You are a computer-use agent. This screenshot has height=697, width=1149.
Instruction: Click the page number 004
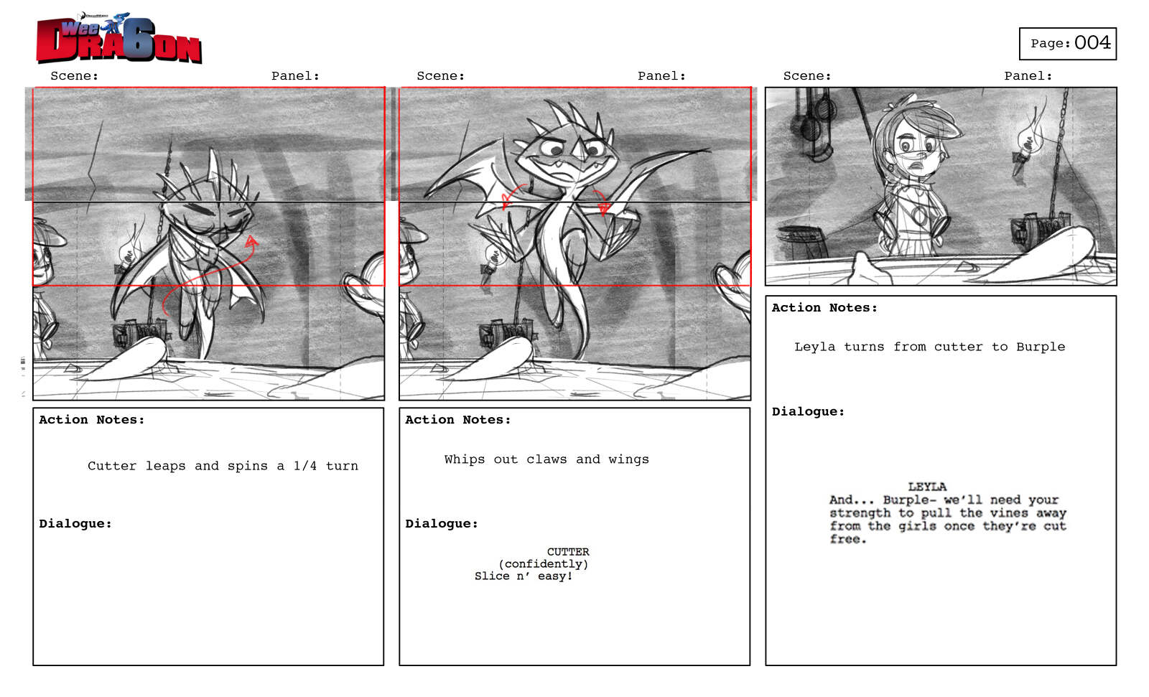1092,42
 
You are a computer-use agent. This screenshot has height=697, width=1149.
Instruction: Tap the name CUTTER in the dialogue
568,552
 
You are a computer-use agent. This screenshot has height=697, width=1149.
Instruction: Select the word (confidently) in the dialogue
543,564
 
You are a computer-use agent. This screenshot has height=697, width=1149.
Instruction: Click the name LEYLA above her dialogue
927,487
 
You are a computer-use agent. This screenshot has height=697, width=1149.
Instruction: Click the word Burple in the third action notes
1041,347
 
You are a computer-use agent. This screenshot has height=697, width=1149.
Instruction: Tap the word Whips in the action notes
464,459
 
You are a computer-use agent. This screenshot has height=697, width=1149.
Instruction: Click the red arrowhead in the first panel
251,241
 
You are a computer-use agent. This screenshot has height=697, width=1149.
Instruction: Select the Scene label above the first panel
75,76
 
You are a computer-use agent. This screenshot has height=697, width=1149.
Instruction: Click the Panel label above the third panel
1028,76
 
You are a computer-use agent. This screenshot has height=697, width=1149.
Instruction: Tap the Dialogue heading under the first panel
75,524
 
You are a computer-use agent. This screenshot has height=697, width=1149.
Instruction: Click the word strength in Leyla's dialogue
860,513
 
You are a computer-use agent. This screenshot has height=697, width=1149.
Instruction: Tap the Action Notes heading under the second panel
458,419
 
